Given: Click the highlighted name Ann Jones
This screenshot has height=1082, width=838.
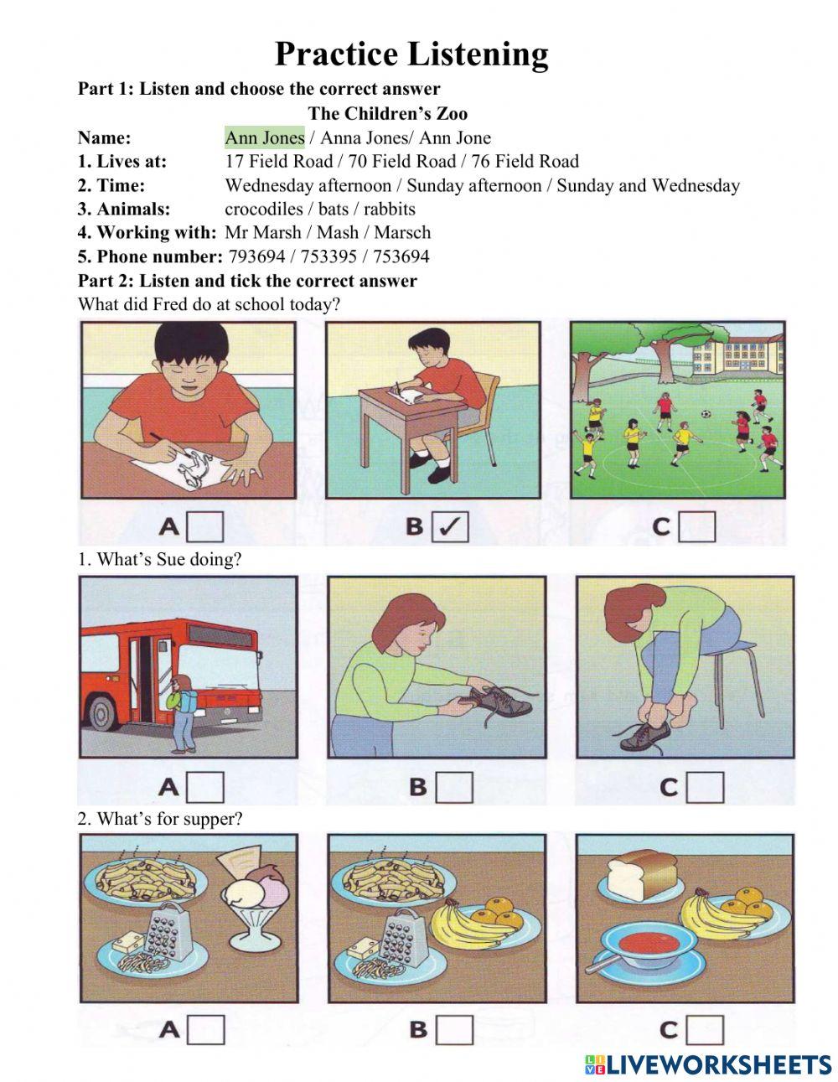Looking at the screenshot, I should [x=264, y=137].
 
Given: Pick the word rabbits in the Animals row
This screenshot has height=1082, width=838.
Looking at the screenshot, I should [x=389, y=209].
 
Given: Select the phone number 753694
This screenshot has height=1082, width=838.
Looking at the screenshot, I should [x=401, y=256].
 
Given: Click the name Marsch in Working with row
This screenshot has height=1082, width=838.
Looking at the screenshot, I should [x=402, y=232].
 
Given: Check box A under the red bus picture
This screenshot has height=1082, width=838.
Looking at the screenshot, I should [x=205, y=787].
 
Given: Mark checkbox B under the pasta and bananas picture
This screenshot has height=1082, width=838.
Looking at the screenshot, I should [x=454, y=1029].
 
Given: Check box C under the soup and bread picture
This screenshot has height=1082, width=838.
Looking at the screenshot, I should [x=705, y=1029].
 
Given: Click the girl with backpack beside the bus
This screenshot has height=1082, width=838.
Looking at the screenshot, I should [x=184, y=712].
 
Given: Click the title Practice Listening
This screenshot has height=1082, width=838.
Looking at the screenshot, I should [x=411, y=54].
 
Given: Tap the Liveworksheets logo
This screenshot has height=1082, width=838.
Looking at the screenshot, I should [x=707, y=1064].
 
